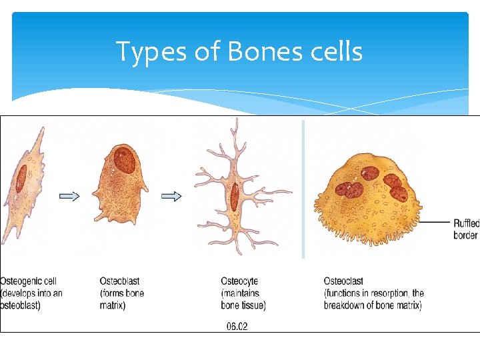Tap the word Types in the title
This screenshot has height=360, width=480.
[148, 52]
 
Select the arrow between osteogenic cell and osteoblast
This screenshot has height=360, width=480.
[69, 196]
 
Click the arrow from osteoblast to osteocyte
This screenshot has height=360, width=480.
[172, 196]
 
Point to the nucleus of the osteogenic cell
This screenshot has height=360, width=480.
[21, 179]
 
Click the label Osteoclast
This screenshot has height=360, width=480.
[343, 281]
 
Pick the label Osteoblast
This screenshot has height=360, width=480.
[119, 281]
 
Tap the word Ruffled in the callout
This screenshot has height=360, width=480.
[466, 223]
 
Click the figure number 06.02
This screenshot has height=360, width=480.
[237, 327]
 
